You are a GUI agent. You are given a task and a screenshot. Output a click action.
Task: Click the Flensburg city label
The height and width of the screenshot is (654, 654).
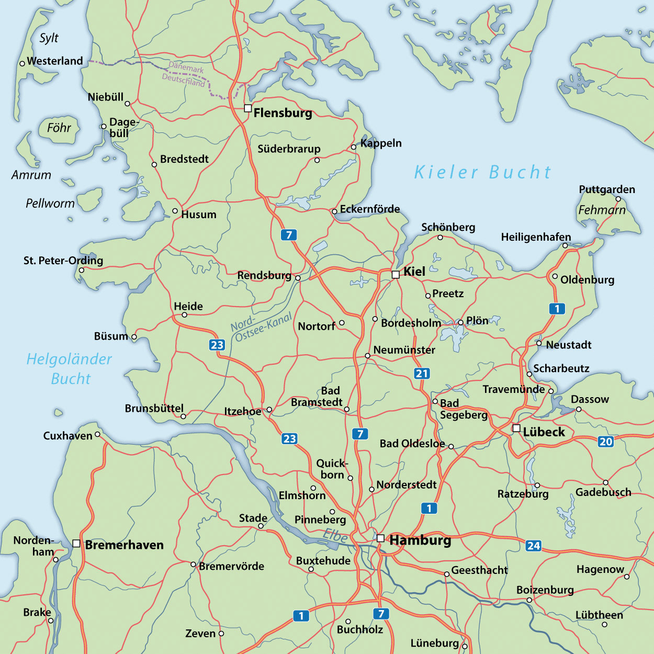tap(283, 113)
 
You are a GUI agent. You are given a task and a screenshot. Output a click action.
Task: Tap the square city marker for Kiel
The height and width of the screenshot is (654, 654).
tap(396, 274)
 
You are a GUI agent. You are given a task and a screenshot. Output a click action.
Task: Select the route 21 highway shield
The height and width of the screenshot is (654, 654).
tap(422, 373)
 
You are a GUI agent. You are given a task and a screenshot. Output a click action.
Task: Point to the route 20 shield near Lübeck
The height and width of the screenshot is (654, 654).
tap(605, 441)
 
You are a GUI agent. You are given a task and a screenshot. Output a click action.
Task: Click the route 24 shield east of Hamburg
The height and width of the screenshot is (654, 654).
tap(533, 546)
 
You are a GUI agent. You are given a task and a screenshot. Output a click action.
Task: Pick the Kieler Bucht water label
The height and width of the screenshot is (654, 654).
tap(482, 172)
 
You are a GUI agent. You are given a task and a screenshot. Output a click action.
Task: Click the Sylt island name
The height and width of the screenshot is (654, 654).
tap(49, 38)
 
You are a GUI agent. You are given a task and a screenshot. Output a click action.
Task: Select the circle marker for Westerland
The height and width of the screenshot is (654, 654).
tap(22, 63)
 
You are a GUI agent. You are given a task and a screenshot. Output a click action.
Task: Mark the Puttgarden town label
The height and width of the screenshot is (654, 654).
tap(606, 189)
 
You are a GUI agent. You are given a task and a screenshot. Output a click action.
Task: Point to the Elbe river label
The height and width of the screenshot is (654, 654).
tap(335, 535)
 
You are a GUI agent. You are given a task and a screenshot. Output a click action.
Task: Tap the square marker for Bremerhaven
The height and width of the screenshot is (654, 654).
tap(76, 544)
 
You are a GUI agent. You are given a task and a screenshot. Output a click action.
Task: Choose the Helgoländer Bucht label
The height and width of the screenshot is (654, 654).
tap(70, 369)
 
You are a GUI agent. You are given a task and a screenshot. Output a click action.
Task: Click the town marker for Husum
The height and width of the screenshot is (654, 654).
tap(175, 211)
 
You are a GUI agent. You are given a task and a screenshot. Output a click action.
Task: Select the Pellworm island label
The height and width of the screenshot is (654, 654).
tap(50, 203)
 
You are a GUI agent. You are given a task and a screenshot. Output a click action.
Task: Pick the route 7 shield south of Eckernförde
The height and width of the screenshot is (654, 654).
tap(288, 235)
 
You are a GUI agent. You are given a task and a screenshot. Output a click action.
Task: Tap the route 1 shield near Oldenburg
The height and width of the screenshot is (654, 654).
tap(557, 309)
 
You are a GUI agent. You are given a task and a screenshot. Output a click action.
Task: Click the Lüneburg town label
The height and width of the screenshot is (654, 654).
tap(434, 643)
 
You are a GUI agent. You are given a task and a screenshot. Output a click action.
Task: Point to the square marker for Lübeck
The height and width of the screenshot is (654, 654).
tap(516, 429)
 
